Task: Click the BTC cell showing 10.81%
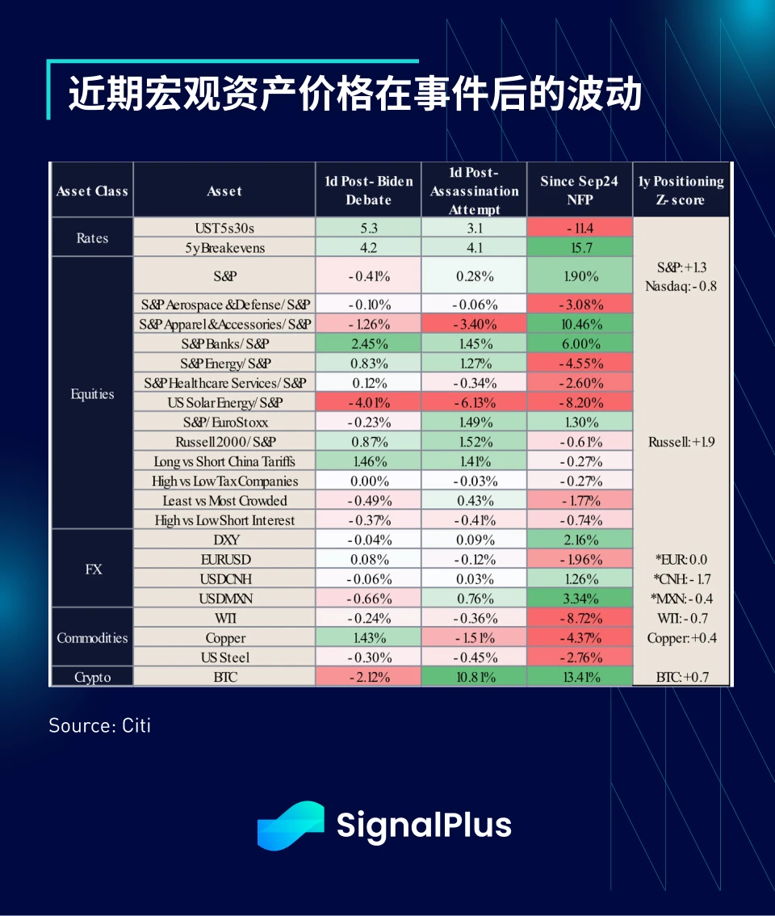click(x=473, y=677)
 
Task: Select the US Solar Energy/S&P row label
click(x=224, y=402)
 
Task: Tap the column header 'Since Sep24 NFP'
click(x=579, y=190)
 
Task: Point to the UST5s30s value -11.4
click(x=579, y=228)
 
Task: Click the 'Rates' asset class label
click(x=92, y=238)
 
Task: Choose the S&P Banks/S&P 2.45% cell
click(x=368, y=343)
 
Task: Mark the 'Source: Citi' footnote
click(x=100, y=725)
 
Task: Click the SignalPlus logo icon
click(x=290, y=825)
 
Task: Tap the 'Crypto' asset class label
click(x=92, y=677)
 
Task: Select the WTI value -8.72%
click(x=579, y=618)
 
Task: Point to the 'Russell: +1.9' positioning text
click(x=681, y=442)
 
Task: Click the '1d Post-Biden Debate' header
click(x=368, y=190)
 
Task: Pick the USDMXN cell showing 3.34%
click(x=579, y=599)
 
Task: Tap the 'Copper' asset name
click(x=224, y=638)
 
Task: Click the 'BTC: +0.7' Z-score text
click(x=681, y=677)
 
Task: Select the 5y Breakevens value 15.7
click(x=579, y=248)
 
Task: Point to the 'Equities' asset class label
click(x=92, y=394)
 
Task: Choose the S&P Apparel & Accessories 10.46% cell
click(x=579, y=324)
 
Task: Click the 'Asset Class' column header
click(x=92, y=191)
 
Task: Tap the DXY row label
click(x=224, y=540)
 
